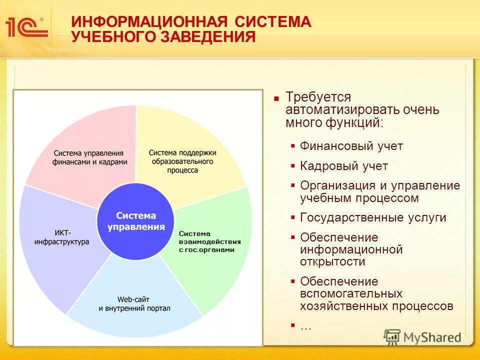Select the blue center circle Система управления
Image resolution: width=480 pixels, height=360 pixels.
click(135, 221)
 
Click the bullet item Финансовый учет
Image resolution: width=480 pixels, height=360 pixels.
click(351, 146)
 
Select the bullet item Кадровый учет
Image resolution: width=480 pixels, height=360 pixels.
click(343, 166)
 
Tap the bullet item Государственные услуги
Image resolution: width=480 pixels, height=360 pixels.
click(373, 217)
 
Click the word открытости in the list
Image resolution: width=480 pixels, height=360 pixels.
click(332, 261)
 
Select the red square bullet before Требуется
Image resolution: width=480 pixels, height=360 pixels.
click(276, 98)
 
